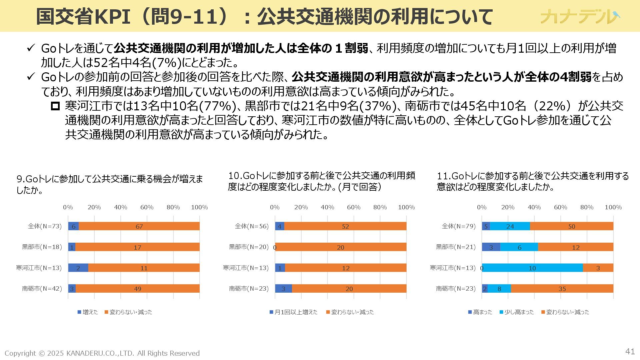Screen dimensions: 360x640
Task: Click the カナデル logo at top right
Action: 580,16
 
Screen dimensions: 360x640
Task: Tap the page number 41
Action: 630,351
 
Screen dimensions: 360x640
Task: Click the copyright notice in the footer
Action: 102,353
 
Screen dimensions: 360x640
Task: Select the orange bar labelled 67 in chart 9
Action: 139,226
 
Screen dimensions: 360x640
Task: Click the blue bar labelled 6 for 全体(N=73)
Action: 73,226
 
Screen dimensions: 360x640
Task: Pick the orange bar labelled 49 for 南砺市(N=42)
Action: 137,289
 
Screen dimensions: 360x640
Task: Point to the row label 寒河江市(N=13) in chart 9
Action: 39,268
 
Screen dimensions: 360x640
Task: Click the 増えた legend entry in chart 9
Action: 88,312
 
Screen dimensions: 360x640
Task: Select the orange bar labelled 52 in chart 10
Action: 345,226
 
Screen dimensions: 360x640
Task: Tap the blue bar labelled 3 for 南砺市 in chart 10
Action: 283,289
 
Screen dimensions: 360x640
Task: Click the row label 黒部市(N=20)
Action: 248,247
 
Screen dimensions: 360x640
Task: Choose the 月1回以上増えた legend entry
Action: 293,312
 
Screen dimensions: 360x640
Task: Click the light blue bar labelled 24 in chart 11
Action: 510,226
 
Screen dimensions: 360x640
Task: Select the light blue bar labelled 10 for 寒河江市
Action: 532,268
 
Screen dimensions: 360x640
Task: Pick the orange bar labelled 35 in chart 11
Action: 562,289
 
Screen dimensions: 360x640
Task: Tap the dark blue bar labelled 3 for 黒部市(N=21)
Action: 491,247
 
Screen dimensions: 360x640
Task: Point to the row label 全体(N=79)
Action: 459,226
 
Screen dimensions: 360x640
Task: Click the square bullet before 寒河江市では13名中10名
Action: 55,106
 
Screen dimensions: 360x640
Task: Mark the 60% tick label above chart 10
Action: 354,207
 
